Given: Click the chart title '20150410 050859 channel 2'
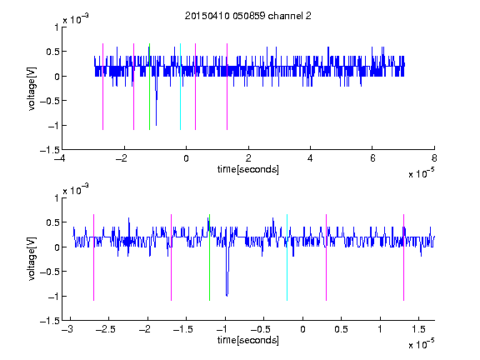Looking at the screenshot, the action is point(248,16).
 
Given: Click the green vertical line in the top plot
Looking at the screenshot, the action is point(149,87).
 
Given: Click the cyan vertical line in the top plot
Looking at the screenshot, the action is point(180,87).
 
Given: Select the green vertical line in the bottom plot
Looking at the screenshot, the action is point(209,257).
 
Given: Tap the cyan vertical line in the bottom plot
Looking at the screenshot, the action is point(287,257).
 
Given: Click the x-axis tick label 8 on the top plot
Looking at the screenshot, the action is point(434,158).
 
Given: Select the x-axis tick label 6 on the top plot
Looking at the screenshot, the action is point(372,158).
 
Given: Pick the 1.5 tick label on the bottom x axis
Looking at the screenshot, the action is point(419,329).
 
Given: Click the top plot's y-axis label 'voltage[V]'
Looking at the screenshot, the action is point(32,88).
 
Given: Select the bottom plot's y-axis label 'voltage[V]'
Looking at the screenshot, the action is point(32,258).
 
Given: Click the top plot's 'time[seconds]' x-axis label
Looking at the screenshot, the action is point(248,169).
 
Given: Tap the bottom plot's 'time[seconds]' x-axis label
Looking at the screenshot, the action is point(248,340).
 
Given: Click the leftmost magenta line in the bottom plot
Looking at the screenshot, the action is point(93,257).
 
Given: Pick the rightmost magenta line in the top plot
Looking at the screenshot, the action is point(227,87).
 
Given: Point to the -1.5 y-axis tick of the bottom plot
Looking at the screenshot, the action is point(50,321).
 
